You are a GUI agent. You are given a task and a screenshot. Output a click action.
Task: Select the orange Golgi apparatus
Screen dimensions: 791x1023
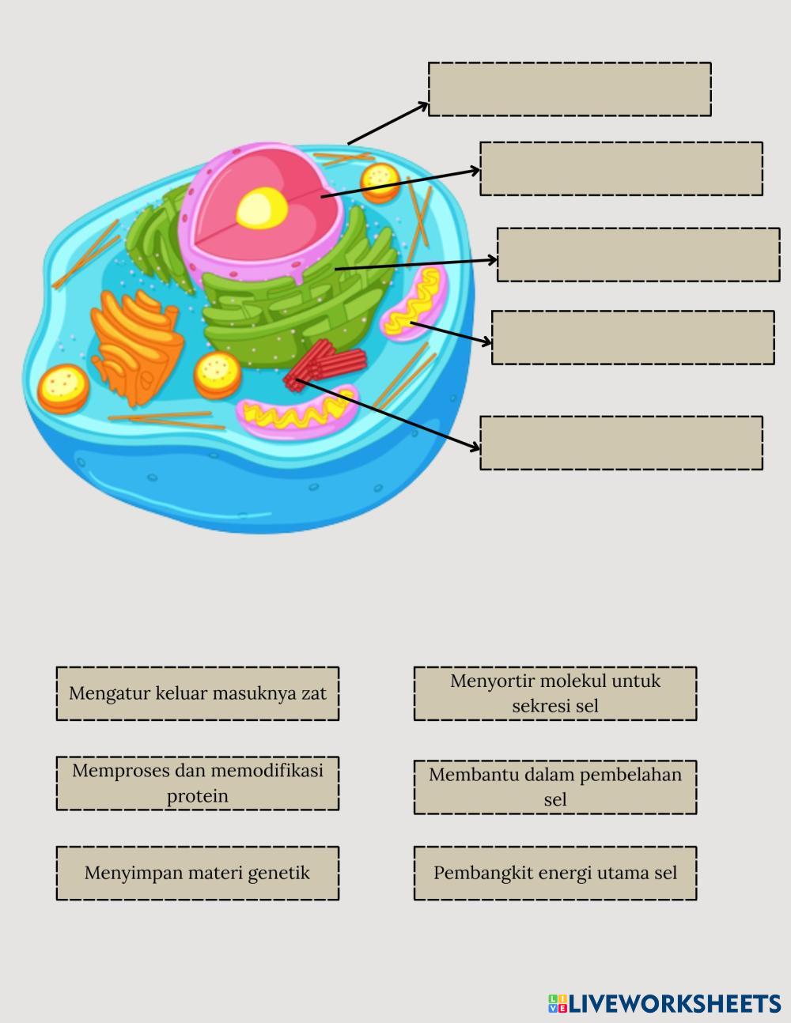coord(134,344)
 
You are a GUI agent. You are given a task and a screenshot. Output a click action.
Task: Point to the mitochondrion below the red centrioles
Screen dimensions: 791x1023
coord(297,412)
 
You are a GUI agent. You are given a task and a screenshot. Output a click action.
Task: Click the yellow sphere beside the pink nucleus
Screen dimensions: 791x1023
coord(379,181)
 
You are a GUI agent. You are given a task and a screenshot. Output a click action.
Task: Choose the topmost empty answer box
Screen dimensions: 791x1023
coord(570,89)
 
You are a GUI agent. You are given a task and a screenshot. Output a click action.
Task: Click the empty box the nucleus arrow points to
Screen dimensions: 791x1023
coord(621,168)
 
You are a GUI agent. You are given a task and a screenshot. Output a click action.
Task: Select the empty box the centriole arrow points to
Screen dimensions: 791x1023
coord(621,443)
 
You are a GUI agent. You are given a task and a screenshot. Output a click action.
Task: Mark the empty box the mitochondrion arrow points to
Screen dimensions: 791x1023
coord(633,338)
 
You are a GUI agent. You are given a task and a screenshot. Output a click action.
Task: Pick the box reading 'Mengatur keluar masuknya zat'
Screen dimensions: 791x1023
coord(197,693)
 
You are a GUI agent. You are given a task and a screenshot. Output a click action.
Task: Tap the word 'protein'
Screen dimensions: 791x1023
coord(197,796)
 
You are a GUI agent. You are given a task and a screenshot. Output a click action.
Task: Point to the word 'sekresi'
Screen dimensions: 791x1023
coord(541,706)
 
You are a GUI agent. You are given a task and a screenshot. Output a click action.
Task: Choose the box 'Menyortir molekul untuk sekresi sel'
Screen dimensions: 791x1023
coord(554,693)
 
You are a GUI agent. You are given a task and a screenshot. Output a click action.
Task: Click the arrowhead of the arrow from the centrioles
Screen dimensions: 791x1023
coord(475,447)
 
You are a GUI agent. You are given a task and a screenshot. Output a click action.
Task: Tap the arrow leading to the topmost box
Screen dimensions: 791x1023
coord(388,123)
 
